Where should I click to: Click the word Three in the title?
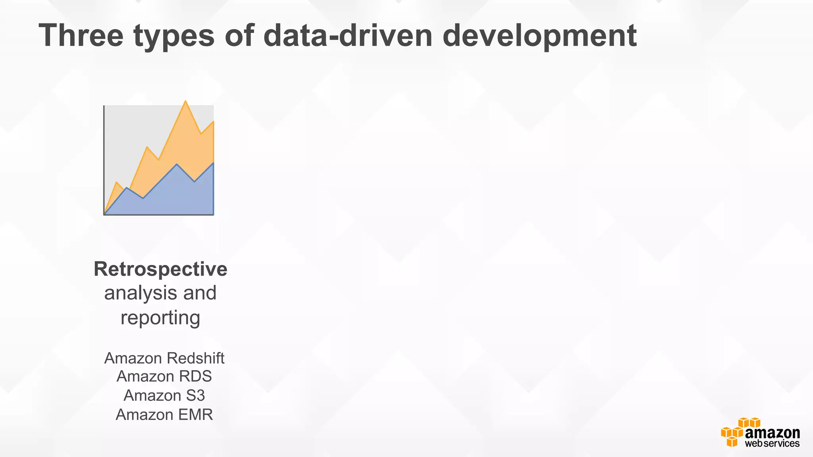click(81, 36)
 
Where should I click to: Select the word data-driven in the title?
click(347, 36)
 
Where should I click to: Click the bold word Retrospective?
click(160, 269)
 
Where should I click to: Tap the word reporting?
click(160, 318)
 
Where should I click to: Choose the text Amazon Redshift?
click(164, 358)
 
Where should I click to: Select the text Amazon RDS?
click(164, 376)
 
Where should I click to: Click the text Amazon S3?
click(164, 396)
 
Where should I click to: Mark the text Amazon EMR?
click(164, 415)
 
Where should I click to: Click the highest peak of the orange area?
click(185, 102)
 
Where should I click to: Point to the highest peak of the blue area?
click(177, 164)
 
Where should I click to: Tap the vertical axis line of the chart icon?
click(104, 159)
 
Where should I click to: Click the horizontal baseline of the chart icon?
click(159, 215)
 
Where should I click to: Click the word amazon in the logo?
click(772, 433)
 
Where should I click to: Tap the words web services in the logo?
click(772, 444)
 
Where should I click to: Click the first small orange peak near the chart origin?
click(116, 182)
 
